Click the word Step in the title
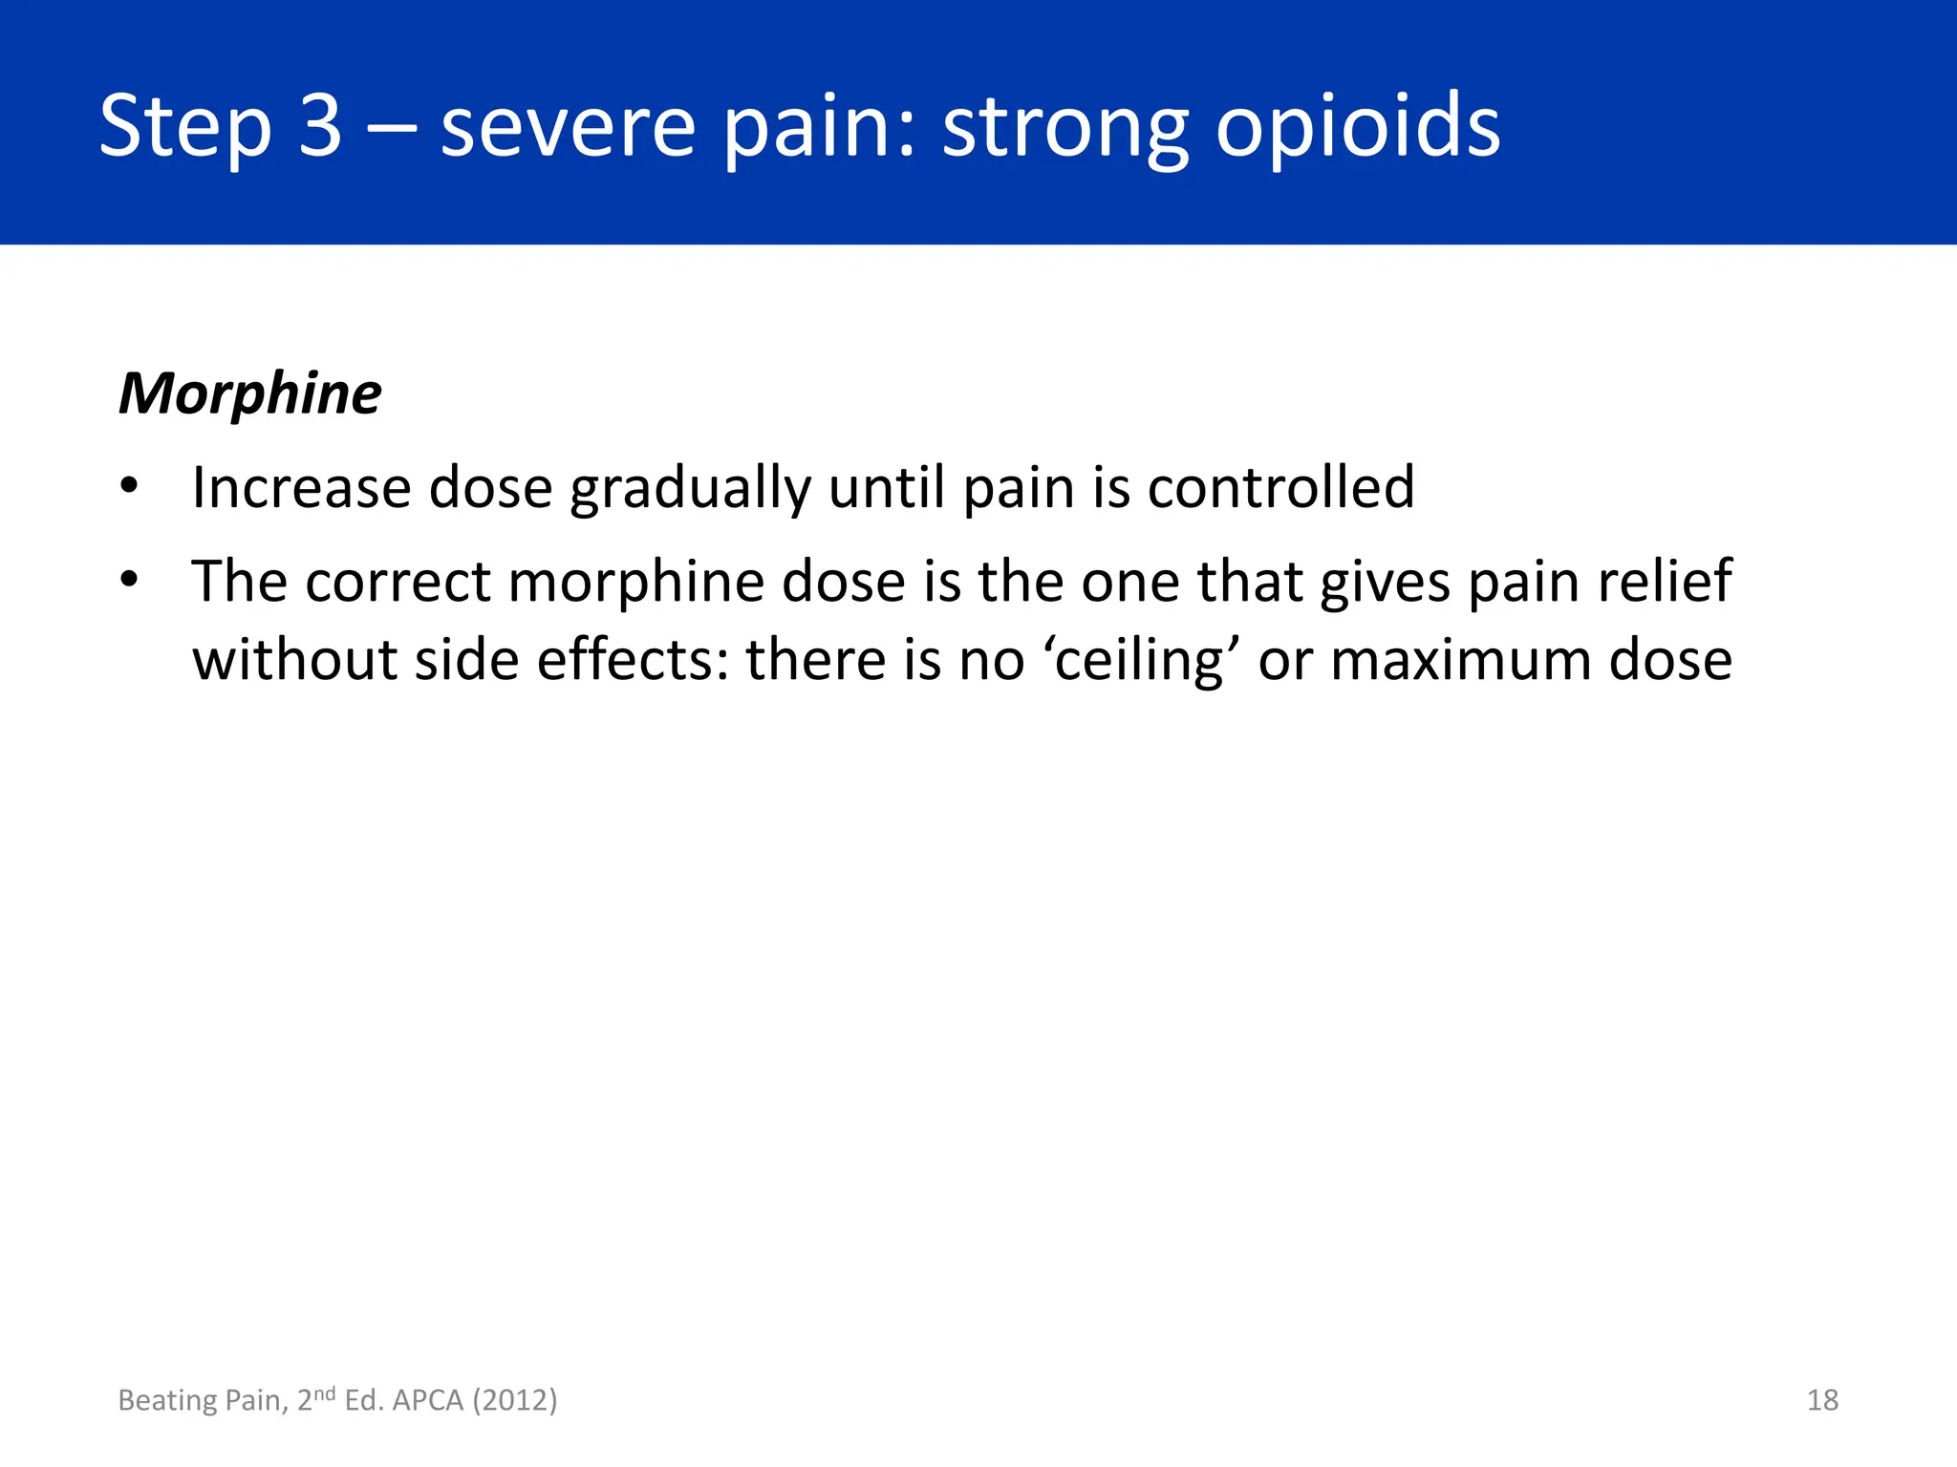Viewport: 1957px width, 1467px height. (185, 126)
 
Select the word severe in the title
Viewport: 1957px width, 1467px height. (568, 126)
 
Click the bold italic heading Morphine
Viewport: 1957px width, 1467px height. (249, 393)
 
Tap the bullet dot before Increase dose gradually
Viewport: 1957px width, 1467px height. (130, 487)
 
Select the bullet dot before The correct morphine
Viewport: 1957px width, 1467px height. (130, 580)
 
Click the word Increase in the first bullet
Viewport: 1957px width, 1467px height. (301, 487)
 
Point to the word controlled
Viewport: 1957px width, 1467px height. (1280, 487)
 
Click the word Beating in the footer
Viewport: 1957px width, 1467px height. (167, 1400)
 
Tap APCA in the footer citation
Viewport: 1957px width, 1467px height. (427, 1400)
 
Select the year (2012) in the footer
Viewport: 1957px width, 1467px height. (515, 1400)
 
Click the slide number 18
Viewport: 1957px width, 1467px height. (1822, 1400)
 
